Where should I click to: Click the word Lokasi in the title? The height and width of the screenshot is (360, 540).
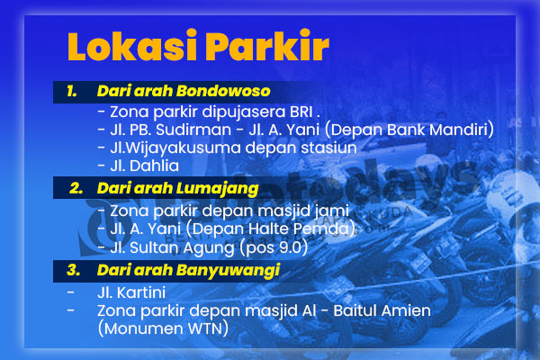pyautogui.click(x=132, y=45)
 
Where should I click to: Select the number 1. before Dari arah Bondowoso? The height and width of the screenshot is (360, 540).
pyautogui.click(x=72, y=91)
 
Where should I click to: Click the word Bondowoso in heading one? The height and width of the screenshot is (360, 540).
pyautogui.click(x=223, y=91)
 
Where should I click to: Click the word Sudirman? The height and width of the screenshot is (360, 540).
pyautogui.click(x=193, y=130)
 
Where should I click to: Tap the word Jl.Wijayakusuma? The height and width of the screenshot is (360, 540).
pyautogui.click(x=175, y=148)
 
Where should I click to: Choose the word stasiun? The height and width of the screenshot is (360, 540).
pyautogui.click(x=328, y=148)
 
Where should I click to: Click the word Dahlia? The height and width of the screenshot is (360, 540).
pyautogui.click(x=154, y=166)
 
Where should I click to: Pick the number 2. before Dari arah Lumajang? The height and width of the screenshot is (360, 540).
pyautogui.click(x=76, y=188)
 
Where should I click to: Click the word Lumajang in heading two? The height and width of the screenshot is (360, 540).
pyautogui.click(x=217, y=189)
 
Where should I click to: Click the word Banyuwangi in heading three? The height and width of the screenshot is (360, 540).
pyautogui.click(x=228, y=271)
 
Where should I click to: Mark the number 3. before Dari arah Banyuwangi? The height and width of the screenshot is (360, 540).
pyautogui.click(x=74, y=270)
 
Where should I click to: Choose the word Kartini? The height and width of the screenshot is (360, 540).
pyautogui.click(x=141, y=292)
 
